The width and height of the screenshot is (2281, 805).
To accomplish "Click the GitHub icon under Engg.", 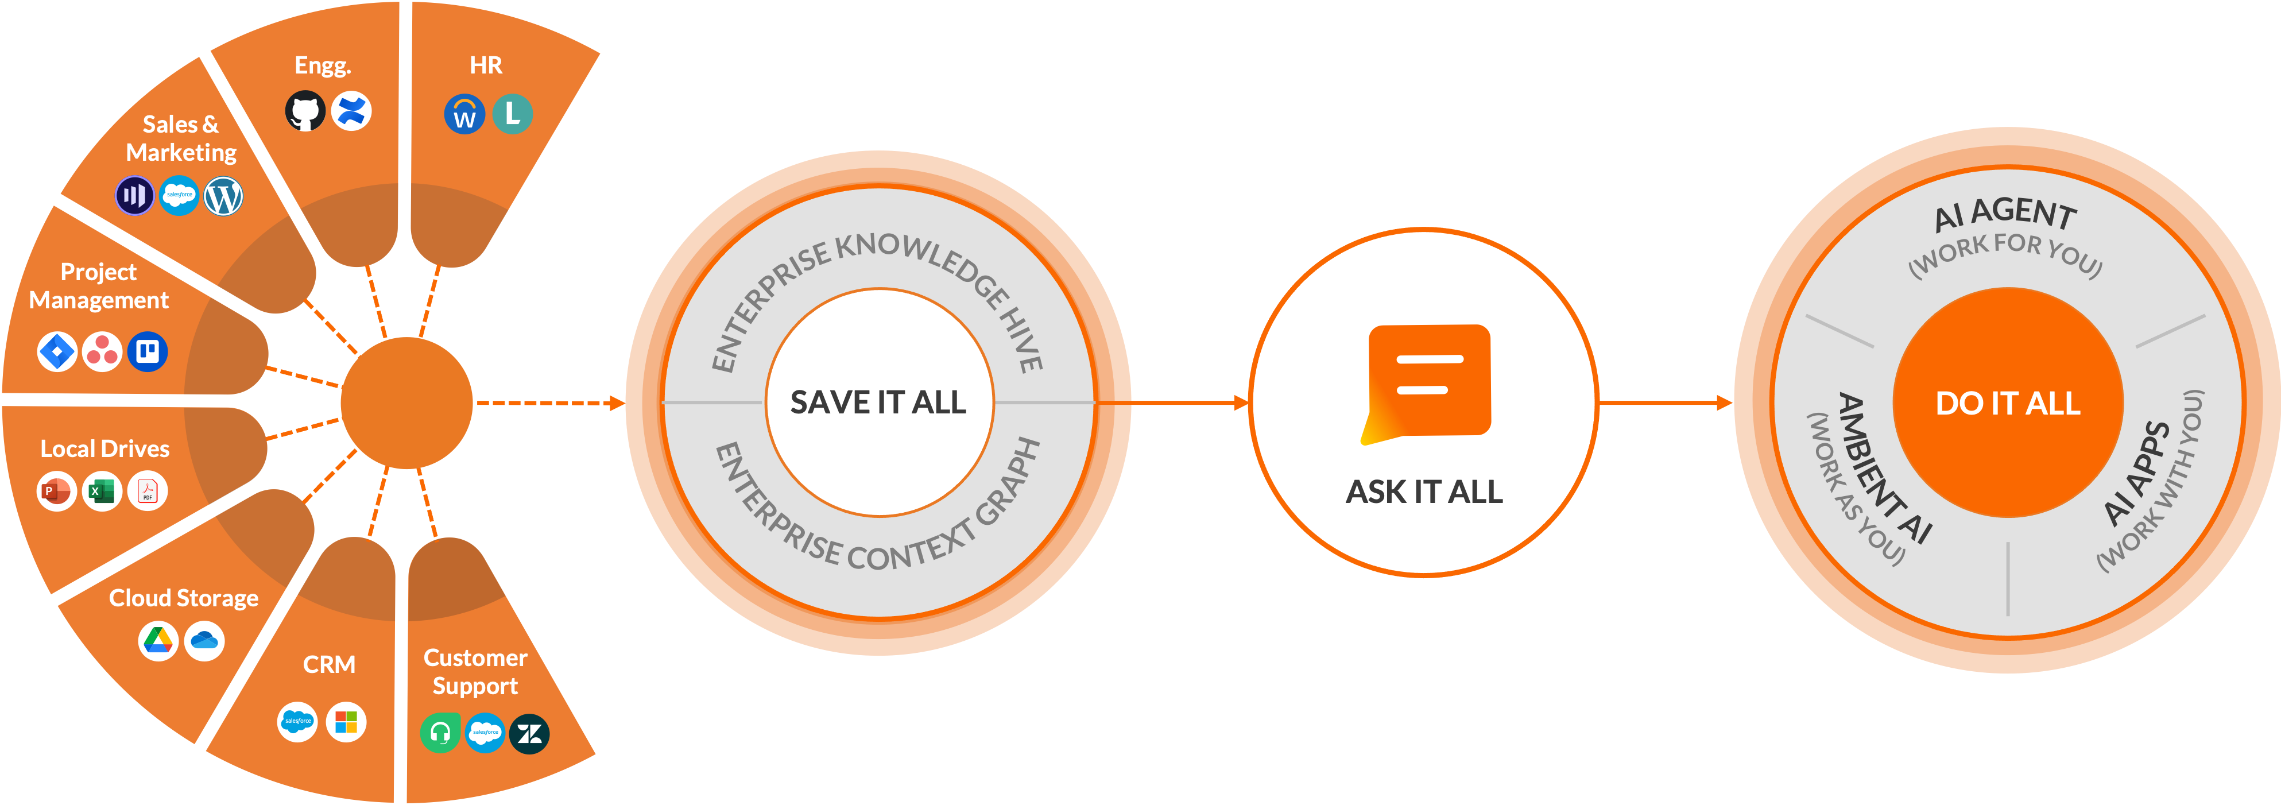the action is coord(305,111).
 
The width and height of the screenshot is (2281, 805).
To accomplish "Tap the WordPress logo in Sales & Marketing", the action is coord(223,196).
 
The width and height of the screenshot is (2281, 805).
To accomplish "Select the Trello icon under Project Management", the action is coord(147,351).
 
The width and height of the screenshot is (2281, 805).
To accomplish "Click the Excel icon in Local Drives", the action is coord(102,490).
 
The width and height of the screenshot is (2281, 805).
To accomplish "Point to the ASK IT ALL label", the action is coord(1424,491).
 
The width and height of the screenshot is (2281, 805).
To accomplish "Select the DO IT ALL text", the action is coord(2007,404).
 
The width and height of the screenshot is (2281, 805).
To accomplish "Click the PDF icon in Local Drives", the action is coord(147,490).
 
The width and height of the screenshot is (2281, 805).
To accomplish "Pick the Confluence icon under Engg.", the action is coord(351,111).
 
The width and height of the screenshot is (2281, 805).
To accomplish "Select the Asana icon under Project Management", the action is coord(102,351).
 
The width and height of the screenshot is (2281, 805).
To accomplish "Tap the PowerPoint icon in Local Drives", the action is coord(56,490).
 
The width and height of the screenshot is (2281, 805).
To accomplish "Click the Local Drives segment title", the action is coord(104,449).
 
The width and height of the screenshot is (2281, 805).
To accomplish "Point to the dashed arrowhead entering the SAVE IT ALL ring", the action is coord(617,404).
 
